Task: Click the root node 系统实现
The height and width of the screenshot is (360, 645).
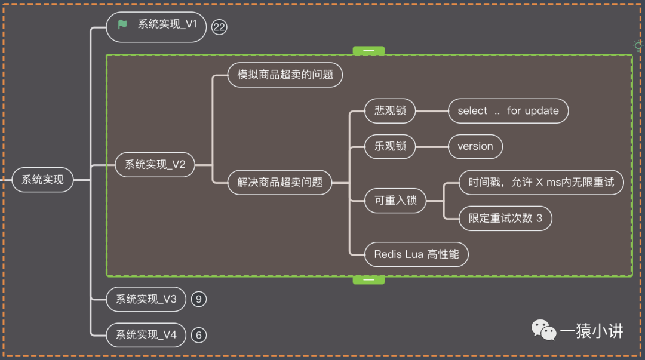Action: click(x=42, y=179)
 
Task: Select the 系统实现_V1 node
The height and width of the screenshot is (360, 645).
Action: click(x=158, y=25)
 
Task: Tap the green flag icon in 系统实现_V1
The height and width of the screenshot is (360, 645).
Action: click(x=122, y=24)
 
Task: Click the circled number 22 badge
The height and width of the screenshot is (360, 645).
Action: click(x=220, y=27)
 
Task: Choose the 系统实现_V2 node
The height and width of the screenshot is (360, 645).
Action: click(x=155, y=165)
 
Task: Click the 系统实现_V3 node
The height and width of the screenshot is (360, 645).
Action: click(x=146, y=299)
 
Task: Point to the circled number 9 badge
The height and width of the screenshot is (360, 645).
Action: click(x=199, y=299)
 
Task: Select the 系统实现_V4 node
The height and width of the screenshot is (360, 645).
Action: click(x=146, y=335)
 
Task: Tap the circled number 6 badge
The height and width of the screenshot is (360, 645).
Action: click(x=199, y=335)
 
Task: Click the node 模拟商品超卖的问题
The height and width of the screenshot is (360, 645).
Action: click(x=285, y=75)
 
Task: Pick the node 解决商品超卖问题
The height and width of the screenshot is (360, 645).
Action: click(x=279, y=182)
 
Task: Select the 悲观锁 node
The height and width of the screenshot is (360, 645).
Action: click(x=390, y=110)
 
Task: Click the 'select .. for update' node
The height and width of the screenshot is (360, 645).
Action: click(x=508, y=110)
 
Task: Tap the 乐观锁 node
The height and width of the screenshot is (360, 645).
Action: click(x=390, y=146)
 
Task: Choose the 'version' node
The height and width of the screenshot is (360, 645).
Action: click(x=475, y=146)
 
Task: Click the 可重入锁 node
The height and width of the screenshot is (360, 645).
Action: click(x=395, y=201)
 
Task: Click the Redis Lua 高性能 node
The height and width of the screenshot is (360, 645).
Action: click(x=416, y=254)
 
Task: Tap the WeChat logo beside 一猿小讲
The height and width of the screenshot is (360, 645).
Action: click(x=543, y=330)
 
